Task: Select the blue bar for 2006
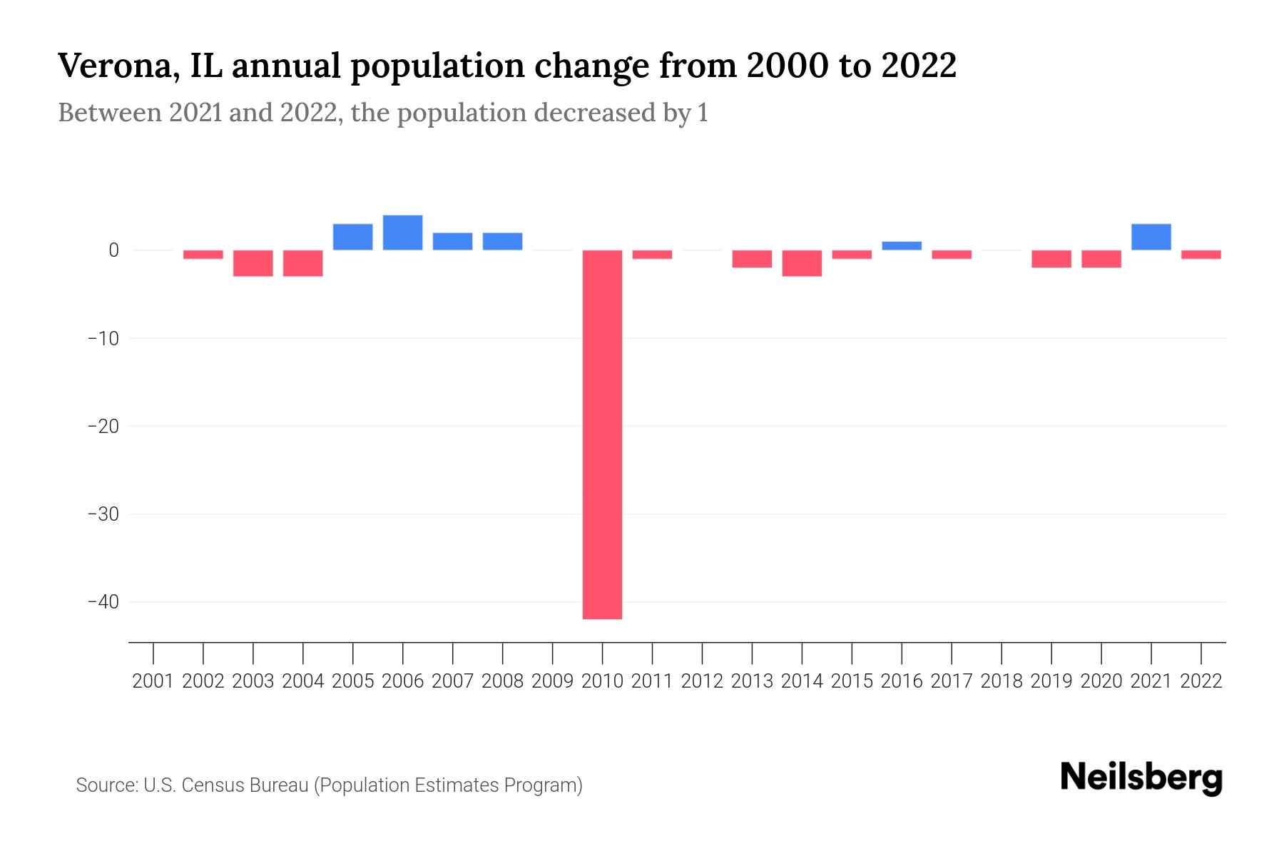(x=402, y=233)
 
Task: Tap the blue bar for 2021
(x=1151, y=237)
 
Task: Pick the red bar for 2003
(x=253, y=263)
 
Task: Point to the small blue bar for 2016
(x=902, y=245)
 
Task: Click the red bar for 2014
(x=802, y=263)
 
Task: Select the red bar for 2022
(x=1201, y=255)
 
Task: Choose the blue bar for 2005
(x=352, y=237)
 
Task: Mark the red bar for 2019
(x=1051, y=258)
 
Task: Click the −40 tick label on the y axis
(x=103, y=602)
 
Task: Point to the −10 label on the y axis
(x=103, y=338)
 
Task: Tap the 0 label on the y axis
(x=113, y=250)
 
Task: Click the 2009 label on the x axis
(x=552, y=681)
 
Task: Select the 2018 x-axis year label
(x=1001, y=681)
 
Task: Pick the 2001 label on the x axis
(x=153, y=681)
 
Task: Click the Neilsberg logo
(x=1141, y=778)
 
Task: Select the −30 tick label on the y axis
(x=103, y=514)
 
